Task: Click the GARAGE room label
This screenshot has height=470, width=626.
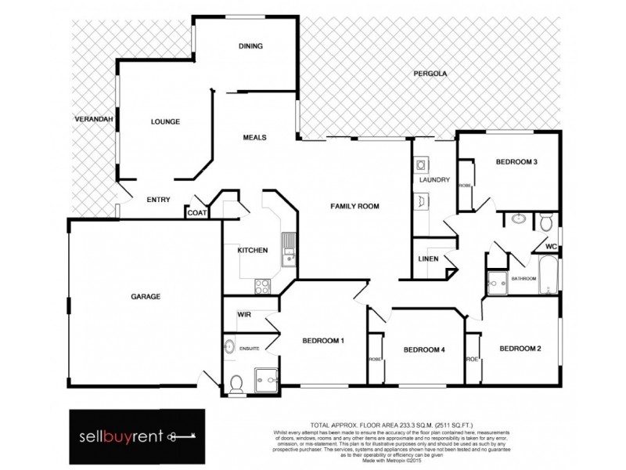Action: point(145,297)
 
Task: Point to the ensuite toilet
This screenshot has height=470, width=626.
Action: point(236,381)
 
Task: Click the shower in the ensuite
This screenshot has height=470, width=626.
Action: point(267,378)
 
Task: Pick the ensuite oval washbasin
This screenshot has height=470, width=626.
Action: point(228,346)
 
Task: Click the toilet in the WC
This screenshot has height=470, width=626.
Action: point(546,220)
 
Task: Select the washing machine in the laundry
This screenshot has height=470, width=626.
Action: point(421,165)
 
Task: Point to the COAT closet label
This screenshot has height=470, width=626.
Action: point(196,211)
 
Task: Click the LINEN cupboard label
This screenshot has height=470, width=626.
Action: point(428,259)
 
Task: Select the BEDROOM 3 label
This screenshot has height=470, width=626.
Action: point(516,162)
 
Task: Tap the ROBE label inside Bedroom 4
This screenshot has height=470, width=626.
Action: point(374,359)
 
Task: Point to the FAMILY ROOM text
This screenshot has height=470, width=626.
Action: point(354,206)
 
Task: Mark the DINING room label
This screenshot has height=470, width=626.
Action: point(250,46)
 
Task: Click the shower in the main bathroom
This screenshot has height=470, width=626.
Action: point(495,283)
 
